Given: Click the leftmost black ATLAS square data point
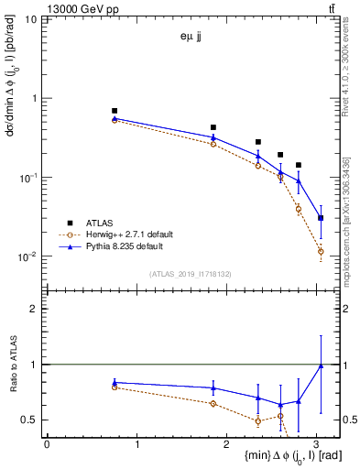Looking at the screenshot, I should pos(115,111).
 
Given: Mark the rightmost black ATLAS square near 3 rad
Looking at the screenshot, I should pos(321,218).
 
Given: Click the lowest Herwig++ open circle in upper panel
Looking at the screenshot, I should pos(321,251).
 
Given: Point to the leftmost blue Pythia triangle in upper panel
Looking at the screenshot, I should pos(115,118).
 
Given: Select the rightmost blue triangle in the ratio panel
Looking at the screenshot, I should pos(321,365).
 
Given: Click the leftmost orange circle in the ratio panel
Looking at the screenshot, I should pos(115,387).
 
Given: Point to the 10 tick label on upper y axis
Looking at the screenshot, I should pos(32,19).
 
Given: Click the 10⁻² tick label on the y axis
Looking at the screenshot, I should pos(29,256).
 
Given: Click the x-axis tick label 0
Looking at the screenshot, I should pos(47,444).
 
